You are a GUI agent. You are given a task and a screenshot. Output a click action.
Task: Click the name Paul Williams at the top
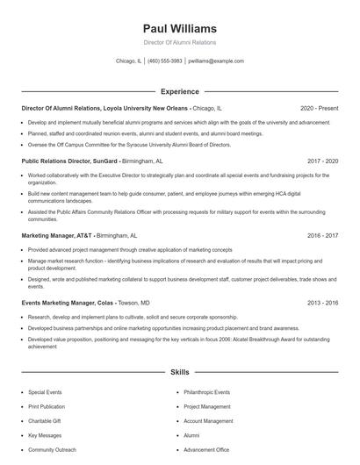(179, 24)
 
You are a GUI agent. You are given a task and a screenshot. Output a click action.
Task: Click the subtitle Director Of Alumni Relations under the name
(179, 42)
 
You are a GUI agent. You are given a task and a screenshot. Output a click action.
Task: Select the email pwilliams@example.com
(216, 61)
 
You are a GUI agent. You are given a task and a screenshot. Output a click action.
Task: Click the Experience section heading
(179, 91)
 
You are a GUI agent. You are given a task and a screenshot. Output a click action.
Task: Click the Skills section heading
(179, 373)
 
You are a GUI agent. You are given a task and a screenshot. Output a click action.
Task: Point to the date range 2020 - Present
(319, 108)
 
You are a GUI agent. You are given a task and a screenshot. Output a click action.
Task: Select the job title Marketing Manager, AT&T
(56, 236)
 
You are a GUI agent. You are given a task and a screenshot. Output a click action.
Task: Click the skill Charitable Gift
(44, 421)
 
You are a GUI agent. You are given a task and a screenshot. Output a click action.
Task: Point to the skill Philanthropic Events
(206, 392)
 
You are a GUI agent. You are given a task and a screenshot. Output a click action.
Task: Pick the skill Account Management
(208, 421)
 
